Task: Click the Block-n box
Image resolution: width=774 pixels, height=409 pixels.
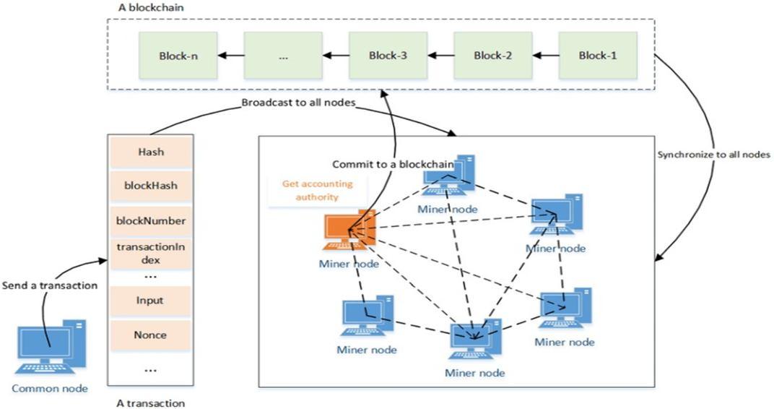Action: click(x=178, y=55)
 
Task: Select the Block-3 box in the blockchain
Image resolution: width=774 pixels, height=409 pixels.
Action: click(x=388, y=55)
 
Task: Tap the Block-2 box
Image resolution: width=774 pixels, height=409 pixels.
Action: click(x=493, y=55)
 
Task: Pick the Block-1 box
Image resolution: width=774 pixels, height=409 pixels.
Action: click(x=598, y=55)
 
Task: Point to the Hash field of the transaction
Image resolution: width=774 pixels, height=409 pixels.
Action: click(x=150, y=152)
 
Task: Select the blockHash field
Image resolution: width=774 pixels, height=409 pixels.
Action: click(x=150, y=186)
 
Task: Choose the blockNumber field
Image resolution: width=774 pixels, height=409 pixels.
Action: click(x=150, y=220)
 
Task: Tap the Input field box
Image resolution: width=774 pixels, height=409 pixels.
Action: click(x=150, y=301)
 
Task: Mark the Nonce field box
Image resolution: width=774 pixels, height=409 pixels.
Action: click(x=150, y=335)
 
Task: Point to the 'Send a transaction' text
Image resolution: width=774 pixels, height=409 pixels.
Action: click(x=50, y=285)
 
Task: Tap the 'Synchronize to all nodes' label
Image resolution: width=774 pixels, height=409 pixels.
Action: click(x=714, y=155)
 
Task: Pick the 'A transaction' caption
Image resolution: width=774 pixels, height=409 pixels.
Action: click(x=150, y=403)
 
